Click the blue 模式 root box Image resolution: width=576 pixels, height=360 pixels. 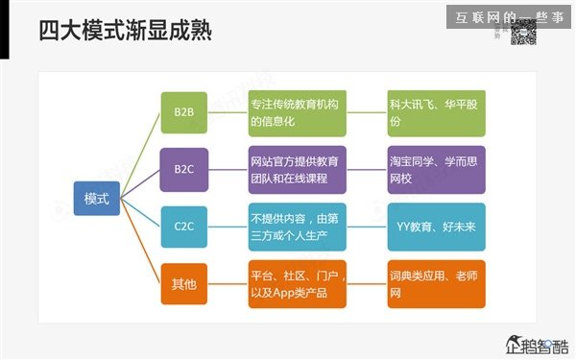[97, 198]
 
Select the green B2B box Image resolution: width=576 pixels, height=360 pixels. [183, 112]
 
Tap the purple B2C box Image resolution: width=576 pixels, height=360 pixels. [183, 169]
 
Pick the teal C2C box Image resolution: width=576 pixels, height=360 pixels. [183, 227]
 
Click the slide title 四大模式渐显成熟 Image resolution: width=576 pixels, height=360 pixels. [125, 32]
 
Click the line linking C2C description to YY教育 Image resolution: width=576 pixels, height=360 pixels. [367, 227]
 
